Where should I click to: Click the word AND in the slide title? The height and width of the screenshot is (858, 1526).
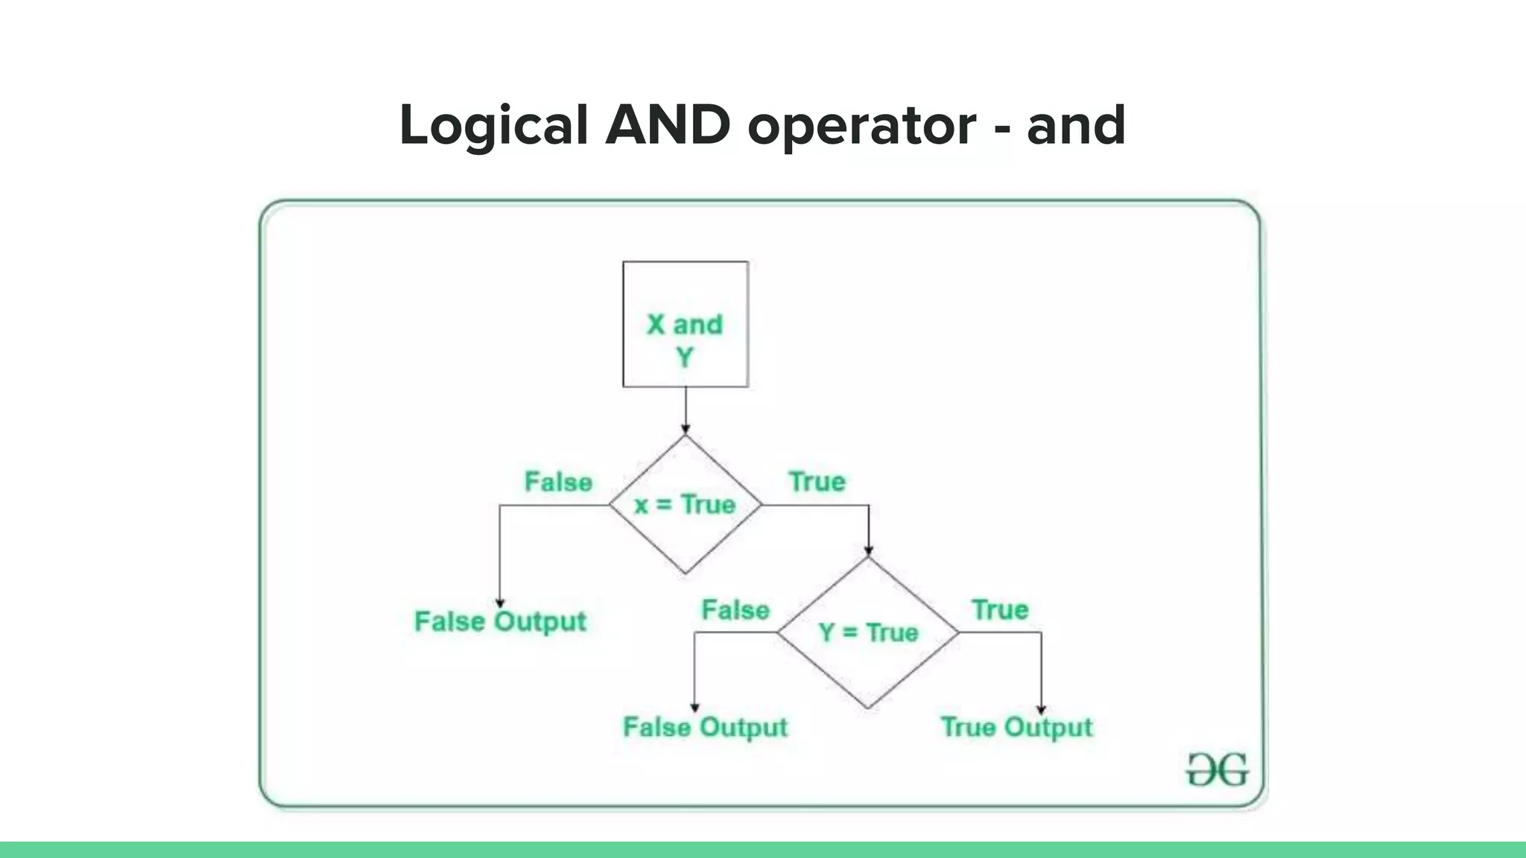[x=668, y=125]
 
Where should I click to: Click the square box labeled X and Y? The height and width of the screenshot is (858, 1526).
[x=686, y=325]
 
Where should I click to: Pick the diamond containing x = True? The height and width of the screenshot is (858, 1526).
[x=686, y=505]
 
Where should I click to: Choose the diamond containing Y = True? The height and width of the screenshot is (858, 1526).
[x=868, y=633]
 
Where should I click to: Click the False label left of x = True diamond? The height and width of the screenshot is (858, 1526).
[x=558, y=482]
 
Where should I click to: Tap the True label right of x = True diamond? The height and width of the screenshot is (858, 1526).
[x=817, y=482]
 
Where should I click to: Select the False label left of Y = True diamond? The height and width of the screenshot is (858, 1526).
[x=735, y=610]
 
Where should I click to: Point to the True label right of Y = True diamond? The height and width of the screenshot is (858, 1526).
[x=1000, y=610]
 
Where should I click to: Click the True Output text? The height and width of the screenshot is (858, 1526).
[x=1016, y=727]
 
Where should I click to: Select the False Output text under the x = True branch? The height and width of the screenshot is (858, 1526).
[x=500, y=621]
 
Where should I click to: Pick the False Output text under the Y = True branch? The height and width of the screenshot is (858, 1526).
[x=705, y=727]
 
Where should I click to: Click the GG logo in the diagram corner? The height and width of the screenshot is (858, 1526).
[x=1217, y=769]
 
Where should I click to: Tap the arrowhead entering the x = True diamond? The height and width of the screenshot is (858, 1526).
[x=686, y=429]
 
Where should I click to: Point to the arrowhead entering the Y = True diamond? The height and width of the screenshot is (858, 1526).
[x=868, y=551]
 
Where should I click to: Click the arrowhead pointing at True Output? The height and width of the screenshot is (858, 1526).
[x=1041, y=710]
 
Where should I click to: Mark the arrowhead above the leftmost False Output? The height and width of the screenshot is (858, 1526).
[x=500, y=603]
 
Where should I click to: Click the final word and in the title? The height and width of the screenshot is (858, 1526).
[x=1076, y=125]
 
